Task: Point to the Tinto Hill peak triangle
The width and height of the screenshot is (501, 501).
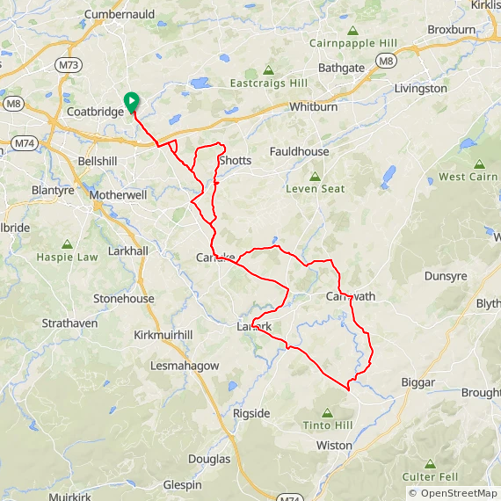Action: pyautogui.click(x=327, y=412)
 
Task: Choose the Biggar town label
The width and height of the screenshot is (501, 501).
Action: pyautogui.click(x=417, y=383)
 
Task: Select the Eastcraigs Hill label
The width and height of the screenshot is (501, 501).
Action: pyautogui.click(x=268, y=83)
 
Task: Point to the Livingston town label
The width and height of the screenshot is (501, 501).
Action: pyautogui.click(x=420, y=89)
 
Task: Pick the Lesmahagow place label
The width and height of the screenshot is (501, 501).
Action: pyautogui.click(x=185, y=365)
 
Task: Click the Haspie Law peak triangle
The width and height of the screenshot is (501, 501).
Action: pyautogui.click(x=68, y=243)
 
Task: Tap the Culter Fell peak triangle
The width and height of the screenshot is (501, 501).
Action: pyautogui.click(x=430, y=463)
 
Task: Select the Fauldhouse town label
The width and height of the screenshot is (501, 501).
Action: pyautogui.click(x=300, y=152)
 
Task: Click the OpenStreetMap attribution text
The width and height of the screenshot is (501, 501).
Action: pyautogui.click(x=453, y=493)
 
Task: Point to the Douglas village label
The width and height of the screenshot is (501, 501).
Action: pyautogui.click(x=209, y=459)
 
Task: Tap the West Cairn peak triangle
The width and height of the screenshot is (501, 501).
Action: pyautogui.click(x=479, y=163)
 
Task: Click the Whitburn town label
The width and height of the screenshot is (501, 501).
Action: pyautogui.click(x=314, y=106)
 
